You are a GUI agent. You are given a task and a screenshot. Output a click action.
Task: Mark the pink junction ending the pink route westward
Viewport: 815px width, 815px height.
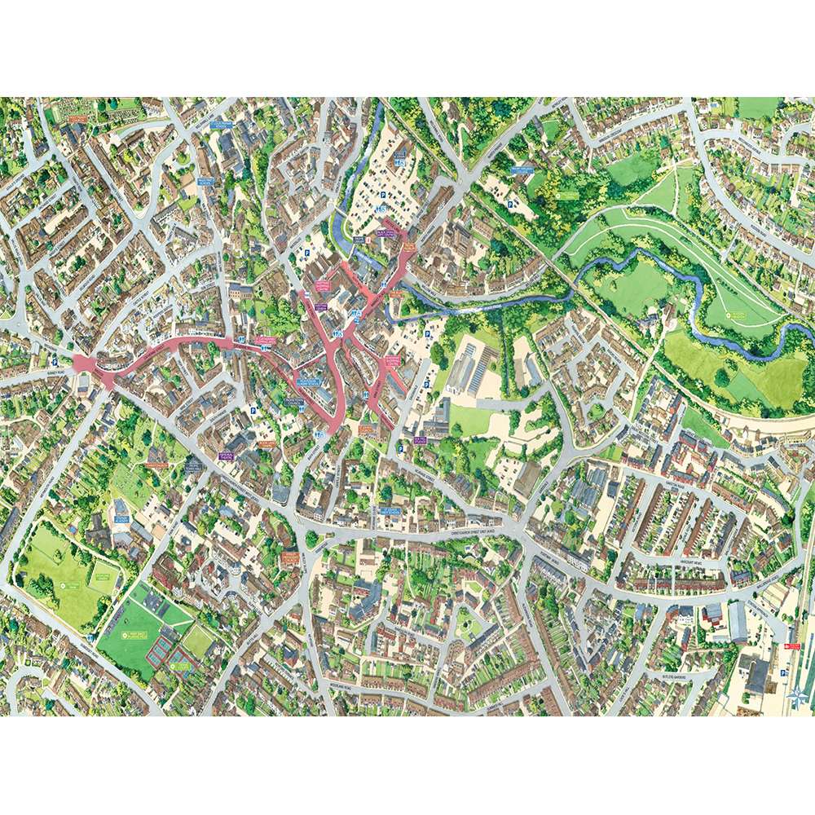(x=84, y=363)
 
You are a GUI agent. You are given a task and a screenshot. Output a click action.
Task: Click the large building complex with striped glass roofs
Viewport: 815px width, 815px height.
(x=473, y=367)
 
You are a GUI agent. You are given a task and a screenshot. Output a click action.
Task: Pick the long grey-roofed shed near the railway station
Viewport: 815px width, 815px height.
(x=738, y=621)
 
